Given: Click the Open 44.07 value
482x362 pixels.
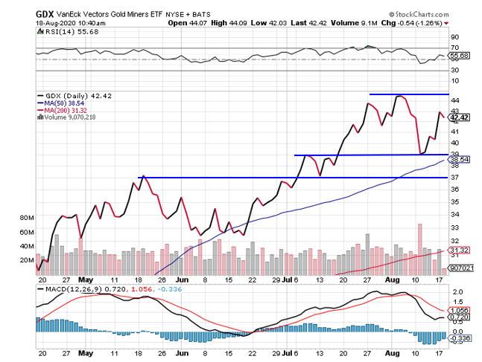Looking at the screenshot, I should pos(187,22).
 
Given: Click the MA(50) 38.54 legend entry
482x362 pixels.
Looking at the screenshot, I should pos(63,103).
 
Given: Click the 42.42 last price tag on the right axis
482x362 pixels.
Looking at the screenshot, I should pos(459,117).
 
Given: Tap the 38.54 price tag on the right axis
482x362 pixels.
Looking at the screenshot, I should pos(459,159).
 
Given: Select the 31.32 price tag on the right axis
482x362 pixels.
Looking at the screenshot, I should pos(459,251).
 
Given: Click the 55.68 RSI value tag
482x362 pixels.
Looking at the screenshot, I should pos(459,56).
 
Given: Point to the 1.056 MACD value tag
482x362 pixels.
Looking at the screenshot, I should pos(459,311).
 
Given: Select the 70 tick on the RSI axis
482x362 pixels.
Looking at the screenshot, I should pos(454,46).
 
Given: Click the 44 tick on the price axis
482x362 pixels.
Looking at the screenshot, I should pos(454,100).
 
